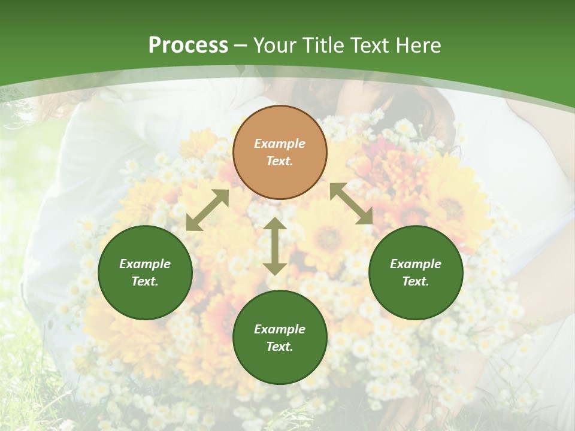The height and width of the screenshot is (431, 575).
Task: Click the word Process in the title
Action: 188,45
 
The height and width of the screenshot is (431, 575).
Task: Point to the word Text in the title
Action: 373,45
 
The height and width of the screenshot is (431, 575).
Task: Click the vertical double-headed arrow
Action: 275,246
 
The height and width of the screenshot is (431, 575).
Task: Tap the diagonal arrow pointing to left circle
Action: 207,210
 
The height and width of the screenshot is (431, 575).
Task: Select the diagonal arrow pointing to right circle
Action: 351,204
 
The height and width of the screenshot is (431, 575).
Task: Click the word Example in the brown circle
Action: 280,144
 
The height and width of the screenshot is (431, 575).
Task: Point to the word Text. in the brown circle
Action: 280,161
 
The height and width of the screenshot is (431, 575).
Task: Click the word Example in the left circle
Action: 145,264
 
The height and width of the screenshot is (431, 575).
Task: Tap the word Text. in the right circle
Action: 416,281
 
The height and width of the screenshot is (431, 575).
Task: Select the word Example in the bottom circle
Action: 280,329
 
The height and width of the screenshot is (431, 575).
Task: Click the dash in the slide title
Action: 241,45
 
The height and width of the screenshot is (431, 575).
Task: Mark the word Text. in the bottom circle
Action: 280,347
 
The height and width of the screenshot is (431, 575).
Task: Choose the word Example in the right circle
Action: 416,264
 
